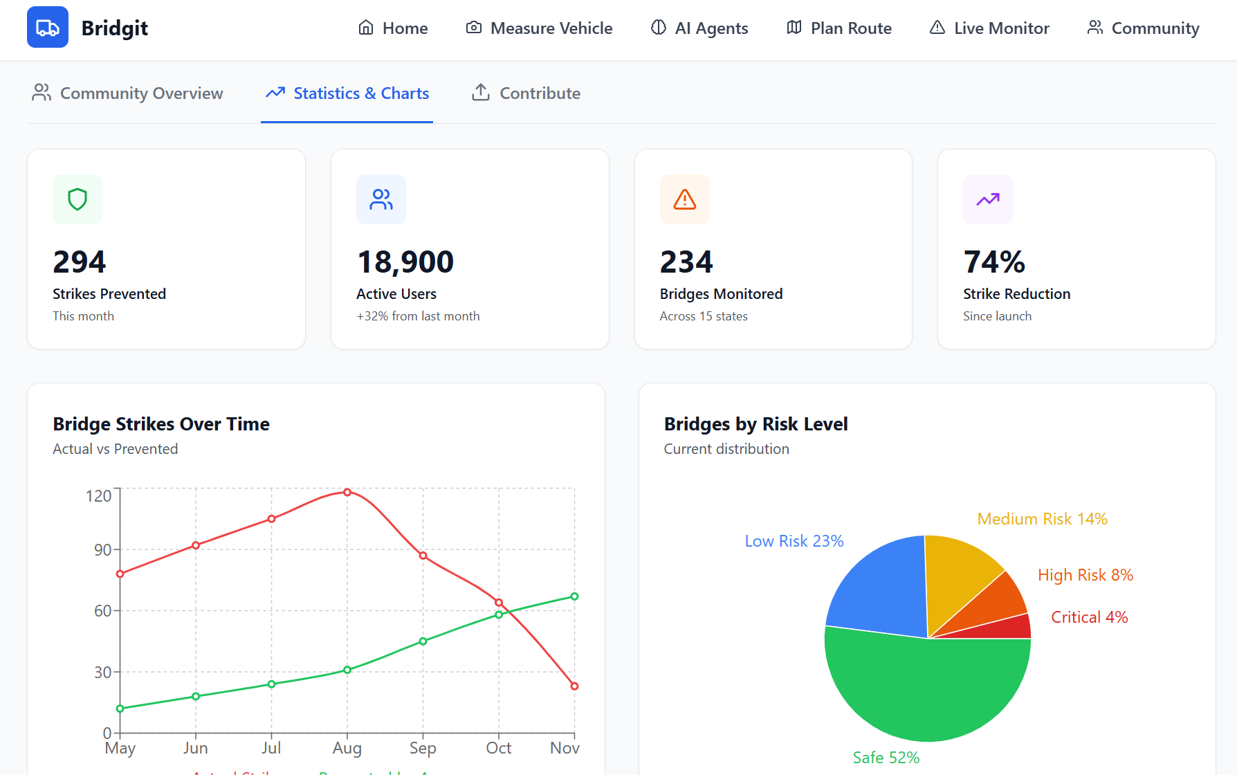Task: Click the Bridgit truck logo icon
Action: tap(48, 28)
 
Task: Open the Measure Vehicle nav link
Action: tap(539, 28)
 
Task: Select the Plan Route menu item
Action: tap(839, 28)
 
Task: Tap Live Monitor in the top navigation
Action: tap(989, 28)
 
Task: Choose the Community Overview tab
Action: tap(127, 93)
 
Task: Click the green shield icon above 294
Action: tap(77, 199)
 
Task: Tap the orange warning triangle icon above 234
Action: tap(685, 199)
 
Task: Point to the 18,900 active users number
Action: tap(405, 262)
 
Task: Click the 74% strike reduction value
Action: tap(994, 262)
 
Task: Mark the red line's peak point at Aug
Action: tap(347, 493)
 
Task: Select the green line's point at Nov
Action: tap(574, 596)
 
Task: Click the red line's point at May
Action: tap(120, 574)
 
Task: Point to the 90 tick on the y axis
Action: tap(102, 550)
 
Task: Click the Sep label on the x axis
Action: tap(423, 748)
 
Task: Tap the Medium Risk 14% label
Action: tap(1042, 519)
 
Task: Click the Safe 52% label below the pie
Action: tap(886, 758)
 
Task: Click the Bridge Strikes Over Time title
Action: tap(161, 424)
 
